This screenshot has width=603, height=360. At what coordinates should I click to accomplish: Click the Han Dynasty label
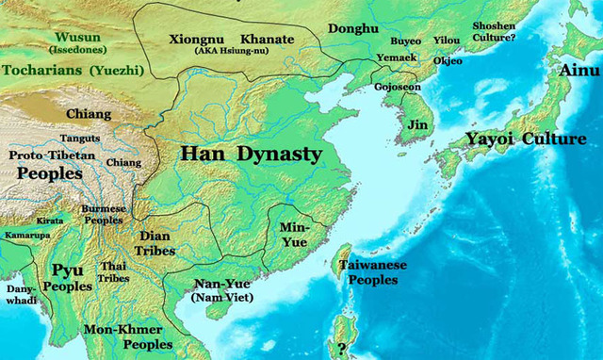[x=251, y=153]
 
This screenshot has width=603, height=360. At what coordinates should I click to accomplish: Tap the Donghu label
[x=353, y=30]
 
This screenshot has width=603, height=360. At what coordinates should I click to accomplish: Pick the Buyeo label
[x=406, y=41]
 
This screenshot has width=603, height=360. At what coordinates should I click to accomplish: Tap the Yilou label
[x=447, y=41]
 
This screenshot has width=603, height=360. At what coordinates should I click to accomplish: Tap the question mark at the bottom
[x=340, y=348]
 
